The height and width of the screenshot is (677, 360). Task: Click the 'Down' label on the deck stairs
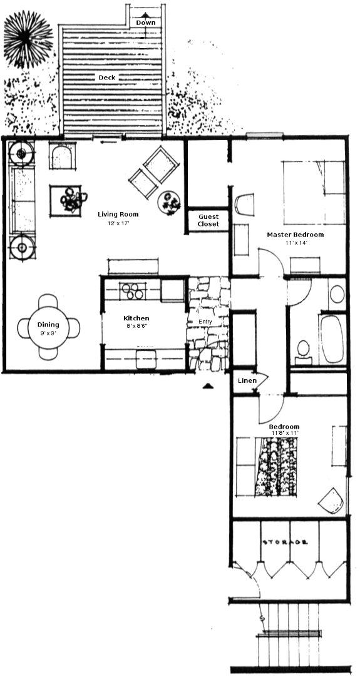click(145, 23)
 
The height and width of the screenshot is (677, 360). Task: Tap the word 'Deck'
click(107, 78)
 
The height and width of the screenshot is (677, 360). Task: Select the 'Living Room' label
click(118, 214)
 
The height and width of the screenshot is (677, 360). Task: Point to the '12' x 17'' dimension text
click(118, 223)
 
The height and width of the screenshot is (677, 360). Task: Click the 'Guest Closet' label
click(208, 220)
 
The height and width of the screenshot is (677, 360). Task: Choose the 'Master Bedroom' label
click(295, 235)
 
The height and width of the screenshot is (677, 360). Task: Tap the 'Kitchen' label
click(136, 318)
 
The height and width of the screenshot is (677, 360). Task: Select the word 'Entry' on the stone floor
click(205, 322)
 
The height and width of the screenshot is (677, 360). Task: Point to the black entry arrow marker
click(208, 386)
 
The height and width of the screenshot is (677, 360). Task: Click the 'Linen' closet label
click(247, 381)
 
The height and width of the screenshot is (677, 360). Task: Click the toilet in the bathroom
click(304, 352)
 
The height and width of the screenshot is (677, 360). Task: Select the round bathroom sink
click(337, 294)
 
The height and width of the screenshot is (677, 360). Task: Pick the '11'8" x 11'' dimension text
click(284, 432)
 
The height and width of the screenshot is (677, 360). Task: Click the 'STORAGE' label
click(285, 542)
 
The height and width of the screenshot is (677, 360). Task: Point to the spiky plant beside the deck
click(28, 39)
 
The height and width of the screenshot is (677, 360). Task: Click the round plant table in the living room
click(169, 202)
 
